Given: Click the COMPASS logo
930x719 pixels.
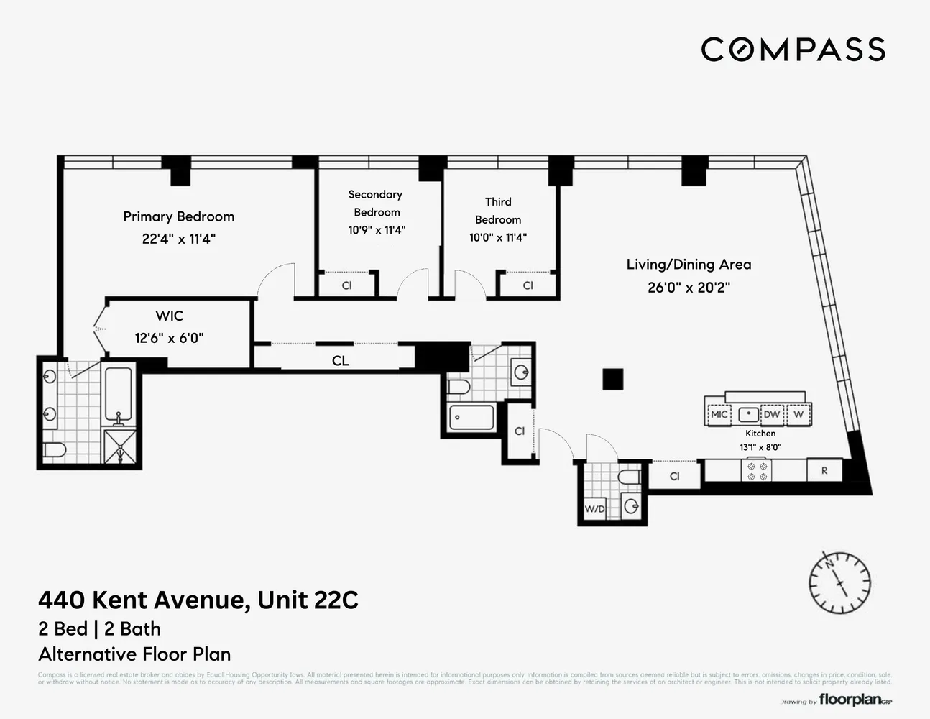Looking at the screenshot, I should point(793,50).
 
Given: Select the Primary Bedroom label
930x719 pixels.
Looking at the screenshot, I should point(178,216).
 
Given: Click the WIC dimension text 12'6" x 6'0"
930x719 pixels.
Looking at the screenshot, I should point(169,338).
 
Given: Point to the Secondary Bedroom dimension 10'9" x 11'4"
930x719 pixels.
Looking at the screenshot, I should point(377,230).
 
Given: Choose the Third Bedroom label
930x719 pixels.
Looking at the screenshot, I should point(498,211).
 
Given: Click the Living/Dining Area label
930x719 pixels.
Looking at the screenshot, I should point(689,265).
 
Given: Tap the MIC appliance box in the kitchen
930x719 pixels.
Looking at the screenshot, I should point(719,415).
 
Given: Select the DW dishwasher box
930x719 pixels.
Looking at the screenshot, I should point(771,415).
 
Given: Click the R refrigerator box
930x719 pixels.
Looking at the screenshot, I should point(824,471).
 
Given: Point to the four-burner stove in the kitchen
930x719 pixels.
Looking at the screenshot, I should point(757,471).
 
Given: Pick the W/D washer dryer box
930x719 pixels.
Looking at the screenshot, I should point(595,509).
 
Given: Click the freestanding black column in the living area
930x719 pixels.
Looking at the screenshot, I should point(612,379).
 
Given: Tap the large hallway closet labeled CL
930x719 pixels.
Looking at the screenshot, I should point(340,360).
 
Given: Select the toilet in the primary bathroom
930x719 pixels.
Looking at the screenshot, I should point(54,451).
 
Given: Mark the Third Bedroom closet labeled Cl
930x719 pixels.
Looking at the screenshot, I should point(528,285).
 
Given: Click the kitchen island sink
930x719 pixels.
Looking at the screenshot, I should point(749,415).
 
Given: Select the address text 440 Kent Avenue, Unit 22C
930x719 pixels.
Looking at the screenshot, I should point(198,600).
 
